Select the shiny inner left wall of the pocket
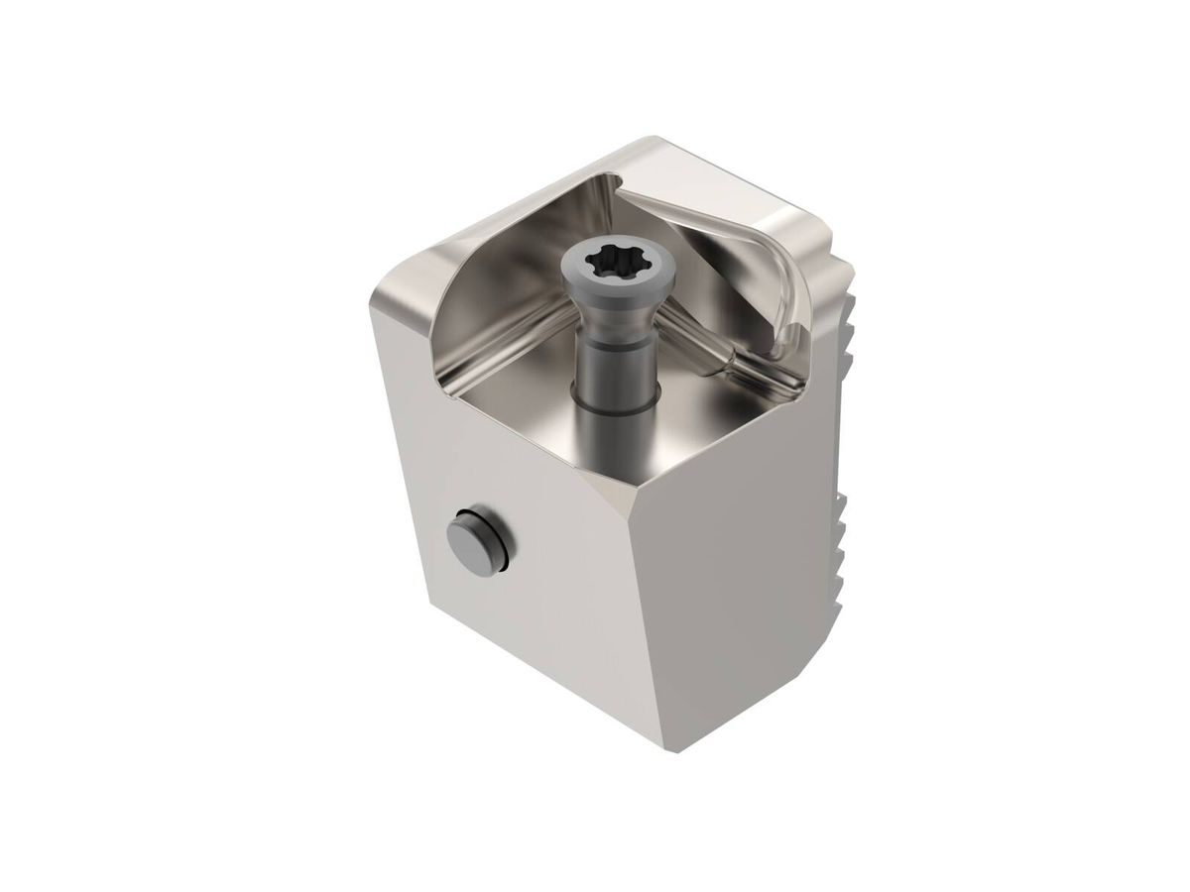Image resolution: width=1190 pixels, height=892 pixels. [466, 297]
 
